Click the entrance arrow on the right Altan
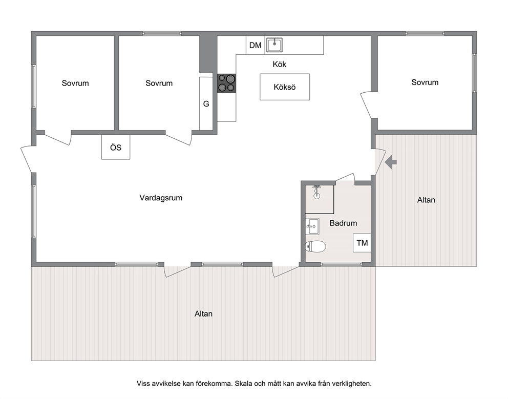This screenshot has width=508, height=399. click(391, 162)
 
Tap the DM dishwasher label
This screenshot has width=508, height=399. click(256, 46)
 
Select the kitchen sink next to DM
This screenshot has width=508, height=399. click(274, 45)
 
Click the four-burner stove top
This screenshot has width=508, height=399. click(226, 83)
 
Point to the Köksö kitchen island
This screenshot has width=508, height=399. click(284, 87)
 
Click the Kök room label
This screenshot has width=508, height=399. click(279, 64)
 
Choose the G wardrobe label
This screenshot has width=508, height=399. click(206, 104)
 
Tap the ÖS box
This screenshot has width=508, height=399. click(116, 147)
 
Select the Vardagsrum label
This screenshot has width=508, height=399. click(161, 198)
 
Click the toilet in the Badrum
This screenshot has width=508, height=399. click(315, 247)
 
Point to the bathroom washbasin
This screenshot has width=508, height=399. click(312, 226)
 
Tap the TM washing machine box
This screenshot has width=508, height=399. click(362, 243)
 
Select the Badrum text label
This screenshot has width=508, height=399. click(343, 223)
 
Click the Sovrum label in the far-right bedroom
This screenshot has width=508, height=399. click(425, 82)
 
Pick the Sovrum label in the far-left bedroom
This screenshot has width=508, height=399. click(75, 83)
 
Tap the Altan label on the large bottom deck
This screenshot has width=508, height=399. click(203, 314)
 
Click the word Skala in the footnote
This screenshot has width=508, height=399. click(244, 384)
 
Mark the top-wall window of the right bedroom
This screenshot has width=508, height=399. click(425, 33)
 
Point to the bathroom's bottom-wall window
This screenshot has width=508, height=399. click(341, 264)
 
